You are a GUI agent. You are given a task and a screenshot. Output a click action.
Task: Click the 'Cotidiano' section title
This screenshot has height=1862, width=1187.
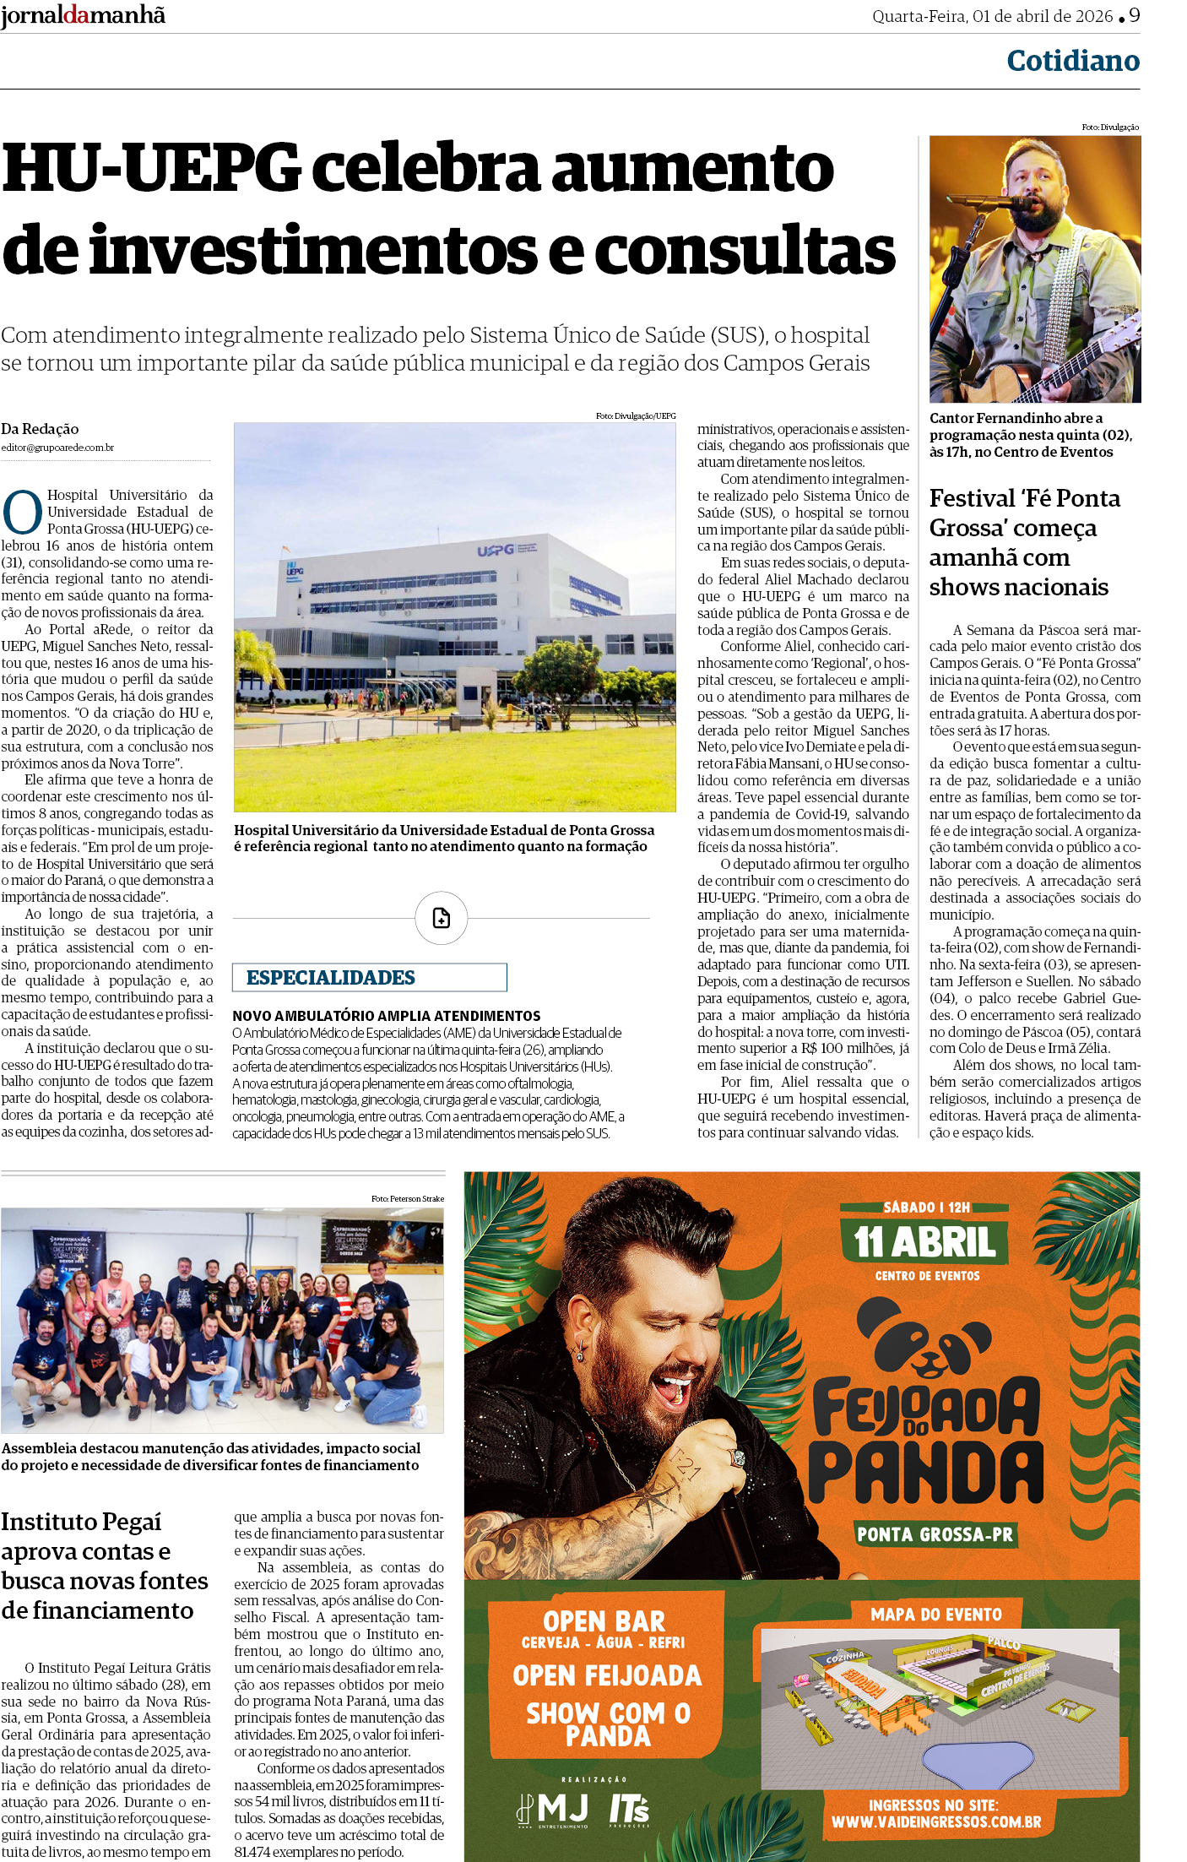[x=1072, y=61]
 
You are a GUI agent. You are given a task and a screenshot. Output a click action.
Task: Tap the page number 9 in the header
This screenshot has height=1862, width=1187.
[x=1134, y=15]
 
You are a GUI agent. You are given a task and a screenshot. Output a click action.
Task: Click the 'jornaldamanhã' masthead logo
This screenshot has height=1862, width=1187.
[x=83, y=15]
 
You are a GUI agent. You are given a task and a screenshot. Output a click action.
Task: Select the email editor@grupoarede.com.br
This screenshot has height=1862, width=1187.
[x=57, y=448]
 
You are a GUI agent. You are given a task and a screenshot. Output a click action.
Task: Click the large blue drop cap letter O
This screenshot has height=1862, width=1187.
[x=23, y=512]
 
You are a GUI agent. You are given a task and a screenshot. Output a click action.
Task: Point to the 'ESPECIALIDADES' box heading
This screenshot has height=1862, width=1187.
[x=331, y=977]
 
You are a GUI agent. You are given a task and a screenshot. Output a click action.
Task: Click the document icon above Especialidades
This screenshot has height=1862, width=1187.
[x=441, y=918]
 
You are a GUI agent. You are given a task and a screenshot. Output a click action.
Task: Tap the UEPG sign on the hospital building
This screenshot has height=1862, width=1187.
[x=496, y=551]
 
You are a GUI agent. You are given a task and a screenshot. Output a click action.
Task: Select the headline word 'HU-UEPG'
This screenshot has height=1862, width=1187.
[x=152, y=168]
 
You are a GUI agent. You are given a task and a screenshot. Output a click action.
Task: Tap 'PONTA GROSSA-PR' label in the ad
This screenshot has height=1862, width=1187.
[x=935, y=1534]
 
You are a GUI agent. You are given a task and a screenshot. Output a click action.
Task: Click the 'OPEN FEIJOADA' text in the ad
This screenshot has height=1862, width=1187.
[x=607, y=1675]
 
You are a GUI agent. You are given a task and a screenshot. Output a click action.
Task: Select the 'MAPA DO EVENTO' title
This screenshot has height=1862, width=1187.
[x=936, y=1615]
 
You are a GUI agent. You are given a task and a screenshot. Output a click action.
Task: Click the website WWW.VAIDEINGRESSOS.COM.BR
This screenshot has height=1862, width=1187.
[x=935, y=1821]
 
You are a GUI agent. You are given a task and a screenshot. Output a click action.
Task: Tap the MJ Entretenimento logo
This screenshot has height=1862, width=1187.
[x=553, y=1810]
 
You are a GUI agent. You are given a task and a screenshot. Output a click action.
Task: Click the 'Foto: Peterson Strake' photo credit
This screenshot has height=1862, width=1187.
[x=407, y=1199]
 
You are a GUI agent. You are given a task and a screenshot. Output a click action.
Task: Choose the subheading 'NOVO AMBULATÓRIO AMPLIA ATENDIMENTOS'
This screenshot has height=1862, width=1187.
[x=387, y=1016]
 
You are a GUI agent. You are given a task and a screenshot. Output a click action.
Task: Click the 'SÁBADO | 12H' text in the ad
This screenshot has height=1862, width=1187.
[x=926, y=1208]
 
